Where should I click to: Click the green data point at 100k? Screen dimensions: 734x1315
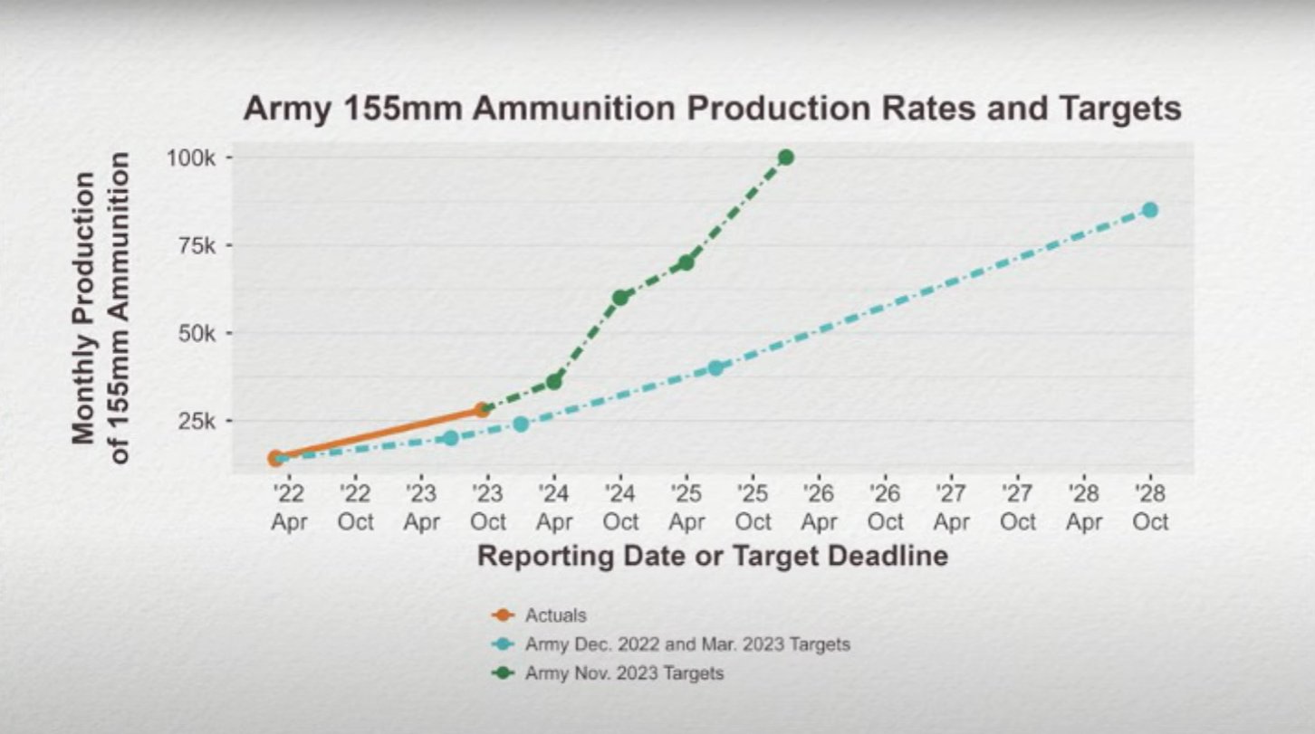[785, 157]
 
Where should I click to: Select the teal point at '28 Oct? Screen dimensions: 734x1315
[1149, 210]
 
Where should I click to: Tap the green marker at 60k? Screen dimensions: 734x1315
[620, 298]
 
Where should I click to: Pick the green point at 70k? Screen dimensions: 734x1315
[686, 262]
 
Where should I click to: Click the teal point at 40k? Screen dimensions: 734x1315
[715, 367]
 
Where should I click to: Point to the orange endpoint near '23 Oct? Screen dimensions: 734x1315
[482, 410]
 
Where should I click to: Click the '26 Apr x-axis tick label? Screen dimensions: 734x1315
[819, 508]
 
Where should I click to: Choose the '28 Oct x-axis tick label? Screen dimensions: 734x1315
[1149, 508]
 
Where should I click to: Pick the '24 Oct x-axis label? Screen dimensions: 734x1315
[620, 508]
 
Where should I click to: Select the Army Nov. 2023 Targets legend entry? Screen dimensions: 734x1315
[624, 673]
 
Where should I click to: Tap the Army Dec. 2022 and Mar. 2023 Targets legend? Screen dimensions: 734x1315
[686, 644]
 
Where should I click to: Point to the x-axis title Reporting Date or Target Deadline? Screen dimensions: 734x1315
[713, 555]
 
